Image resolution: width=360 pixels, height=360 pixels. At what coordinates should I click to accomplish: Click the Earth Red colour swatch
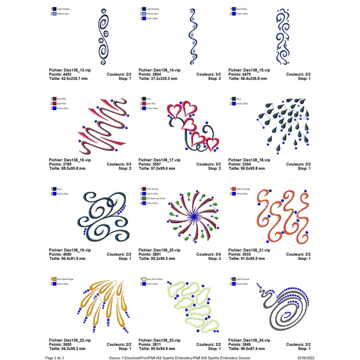click(x=54, y=99)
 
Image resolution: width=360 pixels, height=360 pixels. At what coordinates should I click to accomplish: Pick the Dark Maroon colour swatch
click(x=144, y=189)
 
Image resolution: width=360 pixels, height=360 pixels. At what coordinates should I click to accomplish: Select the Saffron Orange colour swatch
click(x=234, y=189)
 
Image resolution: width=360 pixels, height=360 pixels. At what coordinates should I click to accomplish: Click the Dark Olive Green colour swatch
click(x=144, y=279)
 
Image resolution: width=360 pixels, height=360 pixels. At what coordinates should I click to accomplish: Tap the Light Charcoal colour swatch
click(x=234, y=279)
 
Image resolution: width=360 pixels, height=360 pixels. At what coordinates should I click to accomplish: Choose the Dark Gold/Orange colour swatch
click(x=54, y=279)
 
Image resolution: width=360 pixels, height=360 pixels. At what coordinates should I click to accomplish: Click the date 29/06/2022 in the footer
click(x=305, y=358)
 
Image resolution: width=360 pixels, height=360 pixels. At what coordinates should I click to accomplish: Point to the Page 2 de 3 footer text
click(x=54, y=358)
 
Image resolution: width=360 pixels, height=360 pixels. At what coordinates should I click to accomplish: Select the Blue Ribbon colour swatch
click(x=234, y=9)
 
